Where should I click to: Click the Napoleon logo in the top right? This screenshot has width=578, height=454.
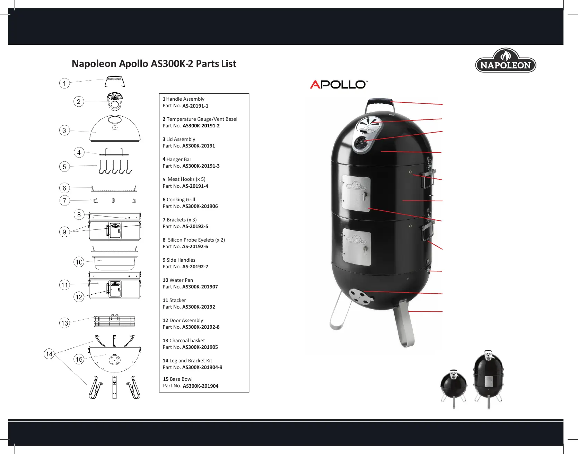pyautogui.click(x=506, y=61)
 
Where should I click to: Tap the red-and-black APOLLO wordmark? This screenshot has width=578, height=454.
pyautogui.click(x=338, y=84)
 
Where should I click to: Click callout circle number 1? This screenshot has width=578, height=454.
pyautogui.click(x=64, y=83)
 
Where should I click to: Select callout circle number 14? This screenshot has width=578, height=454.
pyautogui.click(x=49, y=354)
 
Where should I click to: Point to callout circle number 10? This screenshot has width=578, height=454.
pyautogui.click(x=79, y=262)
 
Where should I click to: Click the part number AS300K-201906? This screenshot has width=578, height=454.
pyautogui.click(x=200, y=206)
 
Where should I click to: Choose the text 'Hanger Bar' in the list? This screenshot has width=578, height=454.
pyautogui.click(x=179, y=159)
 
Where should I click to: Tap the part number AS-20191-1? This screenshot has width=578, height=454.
pyautogui.click(x=195, y=106)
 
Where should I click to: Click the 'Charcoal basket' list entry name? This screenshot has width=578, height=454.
pyautogui.click(x=187, y=340)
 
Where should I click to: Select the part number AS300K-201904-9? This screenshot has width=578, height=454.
pyautogui.click(x=202, y=367)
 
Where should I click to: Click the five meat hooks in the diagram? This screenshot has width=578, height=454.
pyautogui.click(x=115, y=167)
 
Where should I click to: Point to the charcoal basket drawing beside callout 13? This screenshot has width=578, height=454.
pyautogui.click(x=115, y=321)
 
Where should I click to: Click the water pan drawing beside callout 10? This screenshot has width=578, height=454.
pyautogui.click(x=115, y=263)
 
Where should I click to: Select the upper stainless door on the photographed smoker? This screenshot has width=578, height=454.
pyautogui.click(x=357, y=193)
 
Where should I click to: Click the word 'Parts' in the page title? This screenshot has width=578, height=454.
pyautogui.click(x=207, y=64)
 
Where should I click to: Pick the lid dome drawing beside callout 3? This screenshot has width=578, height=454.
pyautogui.click(x=115, y=128)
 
